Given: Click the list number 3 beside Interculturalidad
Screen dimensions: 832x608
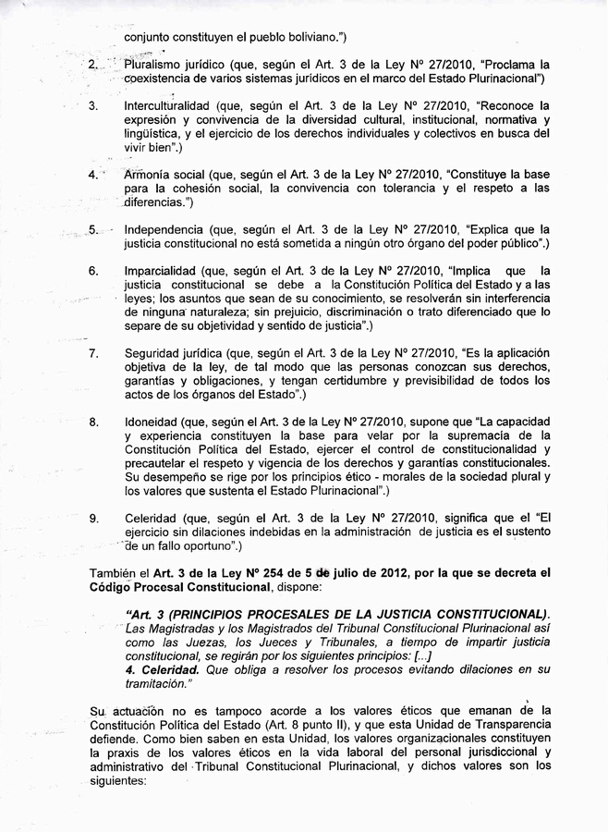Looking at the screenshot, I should coord(93,106).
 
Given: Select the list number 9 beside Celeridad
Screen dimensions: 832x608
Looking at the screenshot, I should coord(93,518).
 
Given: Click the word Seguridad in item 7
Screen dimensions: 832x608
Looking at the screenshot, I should coord(152,353).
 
